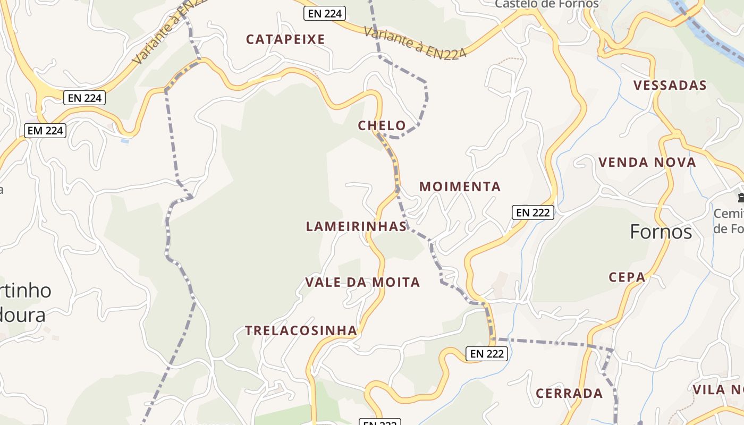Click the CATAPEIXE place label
click(x=285, y=39)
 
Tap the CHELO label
click(x=382, y=126)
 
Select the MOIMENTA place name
click(x=460, y=186)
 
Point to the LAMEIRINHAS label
click(x=356, y=226)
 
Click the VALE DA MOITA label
click(x=362, y=282)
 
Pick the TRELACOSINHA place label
click(x=301, y=330)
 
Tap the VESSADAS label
click(x=670, y=86)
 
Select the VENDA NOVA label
click(x=647, y=163)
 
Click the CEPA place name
click(x=627, y=277)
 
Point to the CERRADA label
click(x=569, y=394)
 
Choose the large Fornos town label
click(x=661, y=232)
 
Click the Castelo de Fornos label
click(x=546, y=4)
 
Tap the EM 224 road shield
click(x=45, y=130)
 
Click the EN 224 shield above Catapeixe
click(x=325, y=13)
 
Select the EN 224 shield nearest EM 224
click(x=84, y=98)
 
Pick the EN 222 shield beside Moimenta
click(x=533, y=212)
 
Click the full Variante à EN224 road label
click(x=415, y=42)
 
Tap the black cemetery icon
click(x=740, y=198)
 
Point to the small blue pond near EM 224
click(x=124, y=141)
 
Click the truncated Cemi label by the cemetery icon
click(x=728, y=214)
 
